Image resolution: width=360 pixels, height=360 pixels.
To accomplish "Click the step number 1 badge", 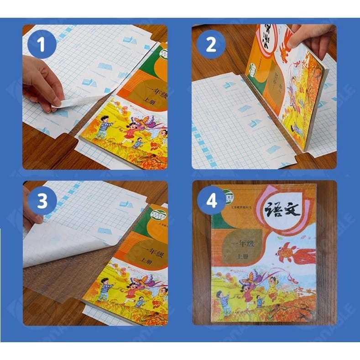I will coord(42,46).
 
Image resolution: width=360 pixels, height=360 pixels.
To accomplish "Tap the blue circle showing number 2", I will coord(211,46).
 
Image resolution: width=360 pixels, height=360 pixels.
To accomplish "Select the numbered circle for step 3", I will coord(42,201).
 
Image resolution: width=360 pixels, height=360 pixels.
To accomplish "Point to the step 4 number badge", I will coord(211,201).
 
